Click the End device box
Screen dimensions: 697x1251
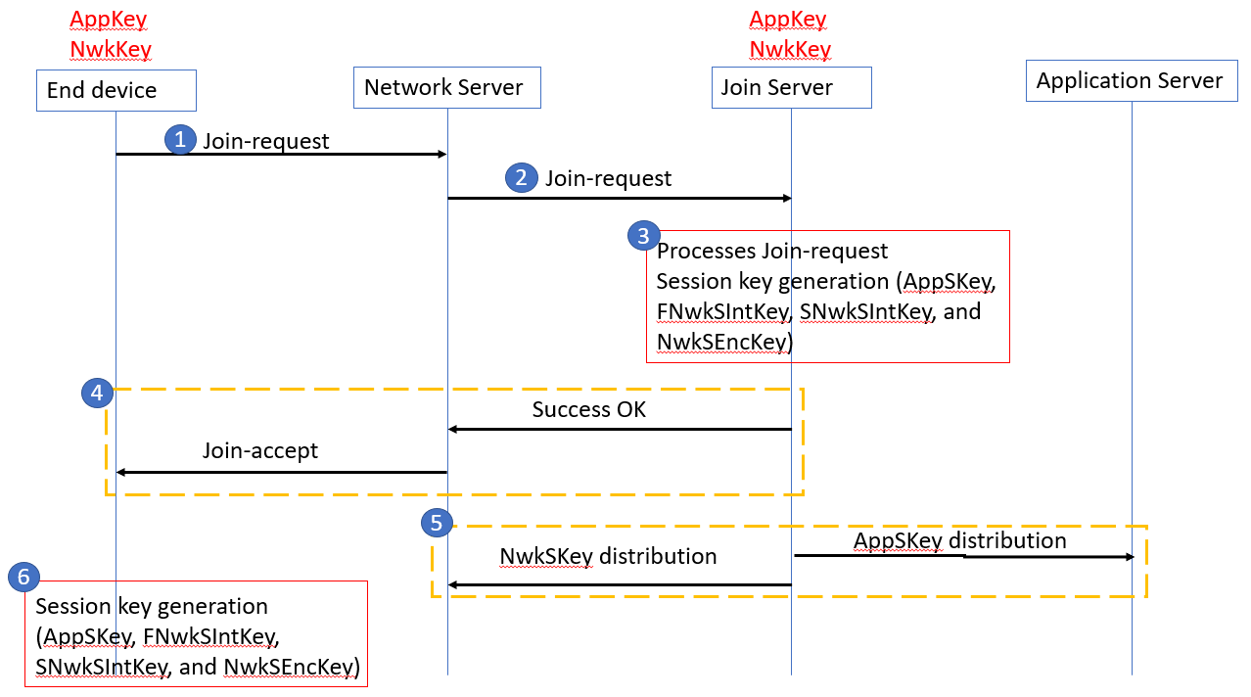pos(116,90)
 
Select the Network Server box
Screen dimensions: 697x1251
pos(446,87)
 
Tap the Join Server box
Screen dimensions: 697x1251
pos(791,87)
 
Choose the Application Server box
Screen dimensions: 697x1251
pos(1131,80)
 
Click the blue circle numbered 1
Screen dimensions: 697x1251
pos(179,139)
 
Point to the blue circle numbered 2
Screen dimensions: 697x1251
pos(521,177)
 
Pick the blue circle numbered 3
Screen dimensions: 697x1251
pos(643,235)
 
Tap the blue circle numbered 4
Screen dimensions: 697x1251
pos(96,393)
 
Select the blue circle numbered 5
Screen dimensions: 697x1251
pos(437,523)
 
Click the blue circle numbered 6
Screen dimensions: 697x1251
pos(23,577)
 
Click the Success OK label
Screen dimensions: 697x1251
pos(588,409)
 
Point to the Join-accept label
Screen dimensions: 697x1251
pos(259,450)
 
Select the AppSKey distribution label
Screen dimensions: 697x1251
pos(959,540)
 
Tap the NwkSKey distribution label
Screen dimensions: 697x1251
pos(608,556)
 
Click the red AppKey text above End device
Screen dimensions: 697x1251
pos(109,19)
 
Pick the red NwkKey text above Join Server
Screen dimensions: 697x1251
pos(790,49)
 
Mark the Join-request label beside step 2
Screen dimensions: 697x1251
pos(608,178)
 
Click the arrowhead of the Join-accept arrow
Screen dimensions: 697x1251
pos(121,472)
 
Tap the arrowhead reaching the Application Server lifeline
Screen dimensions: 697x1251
pos(1128,557)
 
